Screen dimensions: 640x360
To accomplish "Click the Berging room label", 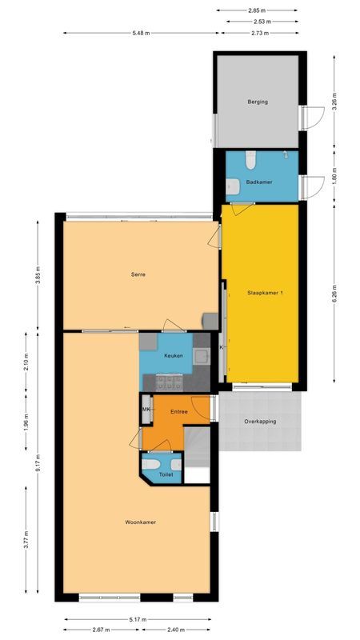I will tap(257, 102).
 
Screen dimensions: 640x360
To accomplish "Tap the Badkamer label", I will tap(259, 182).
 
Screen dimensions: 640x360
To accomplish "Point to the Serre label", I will tap(138, 274).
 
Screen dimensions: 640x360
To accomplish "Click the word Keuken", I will tap(175, 356).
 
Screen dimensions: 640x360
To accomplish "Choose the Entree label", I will tap(178, 411).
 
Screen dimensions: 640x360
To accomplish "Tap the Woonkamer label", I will tap(140, 522).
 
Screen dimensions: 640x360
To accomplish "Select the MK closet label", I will tap(146, 410).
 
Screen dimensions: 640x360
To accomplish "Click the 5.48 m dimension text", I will tap(142, 34).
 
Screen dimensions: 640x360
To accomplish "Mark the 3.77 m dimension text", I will tap(26, 546).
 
